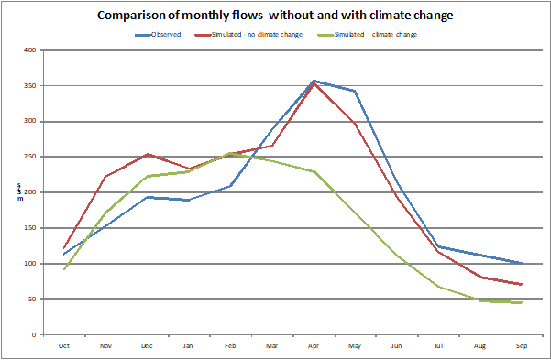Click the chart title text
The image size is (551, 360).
pyautogui.click(x=275, y=16)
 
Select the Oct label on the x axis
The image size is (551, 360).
pyautogui.click(x=63, y=344)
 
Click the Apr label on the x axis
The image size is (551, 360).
pyautogui.click(x=314, y=344)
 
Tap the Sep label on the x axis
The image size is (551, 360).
pyautogui.click(x=522, y=344)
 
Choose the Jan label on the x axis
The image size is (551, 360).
pyautogui.click(x=188, y=344)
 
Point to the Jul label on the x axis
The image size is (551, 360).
pyautogui.click(x=438, y=344)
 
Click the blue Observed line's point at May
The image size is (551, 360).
pyautogui.click(x=355, y=91)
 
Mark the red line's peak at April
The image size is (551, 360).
pyautogui.click(x=314, y=83)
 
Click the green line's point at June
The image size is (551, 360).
pyautogui.click(x=397, y=256)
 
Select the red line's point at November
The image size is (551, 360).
pyautogui.click(x=105, y=177)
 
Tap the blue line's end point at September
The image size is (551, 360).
pyautogui.click(x=522, y=264)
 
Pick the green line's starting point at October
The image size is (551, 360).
pyautogui.click(x=63, y=269)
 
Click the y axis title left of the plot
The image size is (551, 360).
pyautogui.click(x=19, y=191)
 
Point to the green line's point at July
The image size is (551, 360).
pyautogui.click(x=438, y=287)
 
